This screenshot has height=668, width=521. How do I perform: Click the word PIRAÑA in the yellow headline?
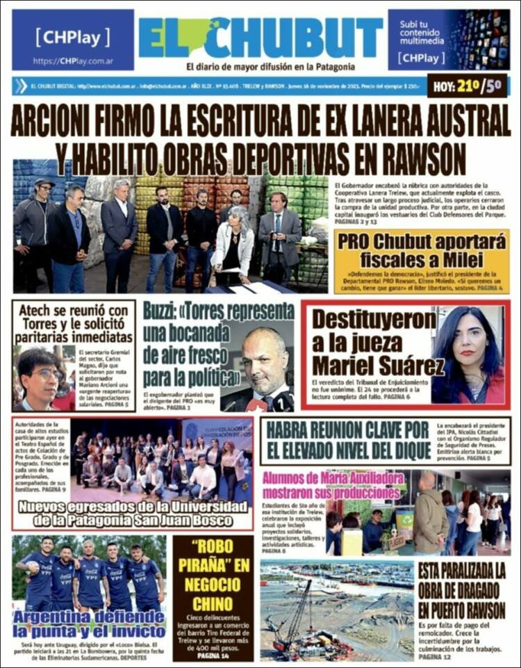tap(213, 564)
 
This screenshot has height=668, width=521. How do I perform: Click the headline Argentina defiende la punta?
tap(89, 624)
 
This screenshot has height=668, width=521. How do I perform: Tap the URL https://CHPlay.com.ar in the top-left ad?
tap(72, 61)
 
